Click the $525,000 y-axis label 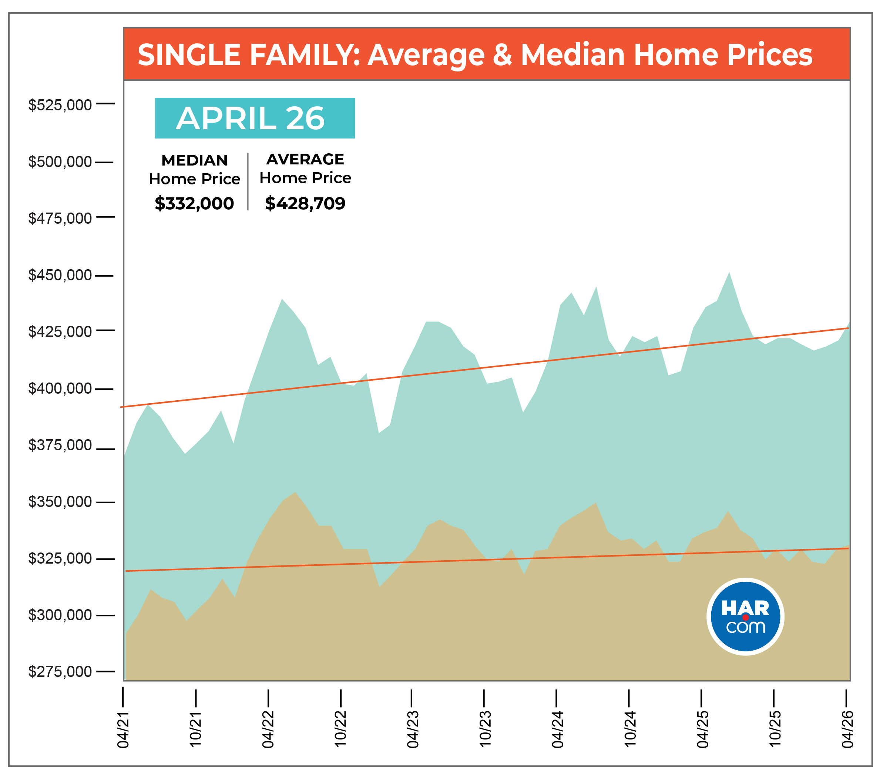click(x=60, y=105)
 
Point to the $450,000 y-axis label click(x=60, y=275)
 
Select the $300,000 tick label click(x=60, y=615)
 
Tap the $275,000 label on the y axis click(x=60, y=671)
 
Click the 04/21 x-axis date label click(x=123, y=729)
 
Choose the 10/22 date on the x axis click(x=340, y=729)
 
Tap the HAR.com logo click(x=745, y=617)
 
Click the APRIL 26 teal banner click(x=255, y=118)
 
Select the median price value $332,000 click(x=194, y=203)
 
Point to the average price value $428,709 click(x=305, y=203)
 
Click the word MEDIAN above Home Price click(x=195, y=160)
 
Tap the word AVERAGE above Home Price click(x=305, y=159)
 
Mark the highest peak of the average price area click(x=729, y=272)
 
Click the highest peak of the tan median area click(x=295, y=492)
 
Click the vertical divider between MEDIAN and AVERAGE click(x=248, y=181)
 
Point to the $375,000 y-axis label click(x=60, y=445)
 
